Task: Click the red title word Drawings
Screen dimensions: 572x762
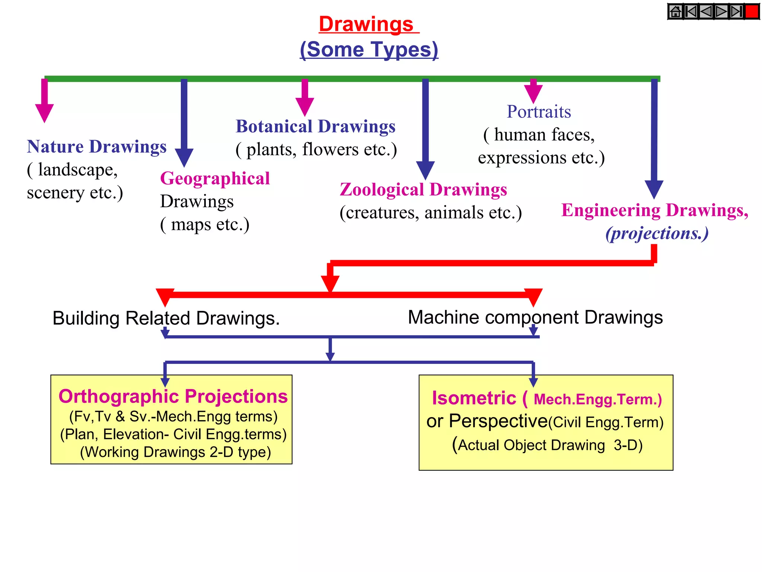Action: coord(366,24)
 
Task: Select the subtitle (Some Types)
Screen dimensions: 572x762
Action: coord(369,49)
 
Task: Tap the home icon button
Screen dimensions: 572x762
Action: coord(675,12)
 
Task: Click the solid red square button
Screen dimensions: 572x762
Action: coord(752,12)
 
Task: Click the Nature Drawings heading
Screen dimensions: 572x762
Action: coord(97,146)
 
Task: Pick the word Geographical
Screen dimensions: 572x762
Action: coord(215,178)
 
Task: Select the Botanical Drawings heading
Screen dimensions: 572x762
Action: coord(316,126)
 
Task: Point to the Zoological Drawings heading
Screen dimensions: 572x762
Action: coord(423,190)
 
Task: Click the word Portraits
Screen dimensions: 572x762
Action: coord(539,112)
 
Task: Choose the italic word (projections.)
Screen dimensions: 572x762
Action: coord(657,233)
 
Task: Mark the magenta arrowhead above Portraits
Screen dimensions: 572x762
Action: coord(533,93)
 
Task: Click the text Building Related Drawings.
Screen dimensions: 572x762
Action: coord(166,318)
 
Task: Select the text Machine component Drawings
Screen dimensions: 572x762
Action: coord(535,317)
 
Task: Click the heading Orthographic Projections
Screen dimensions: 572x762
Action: coord(173,396)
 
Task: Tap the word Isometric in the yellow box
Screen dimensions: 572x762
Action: coord(474,398)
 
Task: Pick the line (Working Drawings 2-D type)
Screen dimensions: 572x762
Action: coord(175,452)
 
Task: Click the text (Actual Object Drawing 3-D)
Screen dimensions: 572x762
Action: coord(547,445)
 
